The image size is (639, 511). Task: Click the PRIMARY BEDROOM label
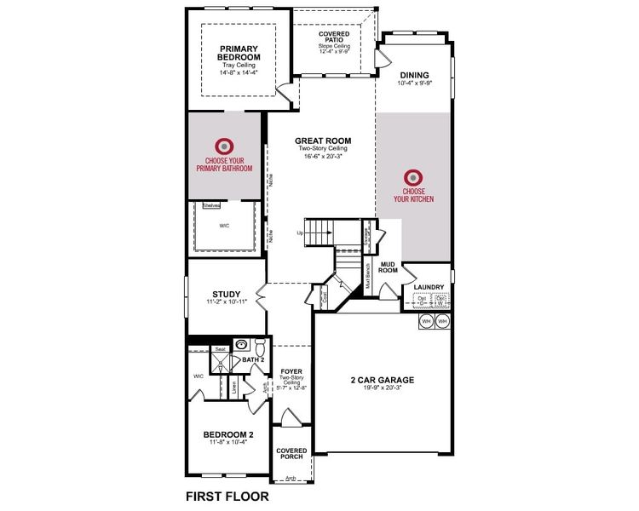pyautogui.click(x=239, y=53)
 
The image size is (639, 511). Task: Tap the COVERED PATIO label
pyautogui.click(x=334, y=37)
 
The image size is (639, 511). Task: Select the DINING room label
pyautogui.click(x=414, y=75)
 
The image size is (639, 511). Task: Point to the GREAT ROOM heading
pyautogui.click(x=323, y=141)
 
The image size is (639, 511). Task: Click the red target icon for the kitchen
pyautogui.click(x=413, y=177)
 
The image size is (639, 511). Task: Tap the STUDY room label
pyautogui.click(x=226, y=295)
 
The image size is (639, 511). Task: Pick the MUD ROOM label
pyautogui.click(x=389, y=267)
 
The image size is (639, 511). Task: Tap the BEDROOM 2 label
pyautogui.click(x=227, y=433)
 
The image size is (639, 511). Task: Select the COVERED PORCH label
pyautogui.click(x=291, y=453)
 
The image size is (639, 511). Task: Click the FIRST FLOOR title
pyautogui.click(x=227, y=495)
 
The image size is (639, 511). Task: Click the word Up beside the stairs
pyautogui.click(x=300, y=233)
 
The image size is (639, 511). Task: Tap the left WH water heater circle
pyautogui.click(x=426, y=321)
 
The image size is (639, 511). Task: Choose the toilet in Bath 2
pyautogui.click(x=260, y=347)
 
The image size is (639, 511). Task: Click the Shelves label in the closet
pyautogui.click(x=211, y=206)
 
